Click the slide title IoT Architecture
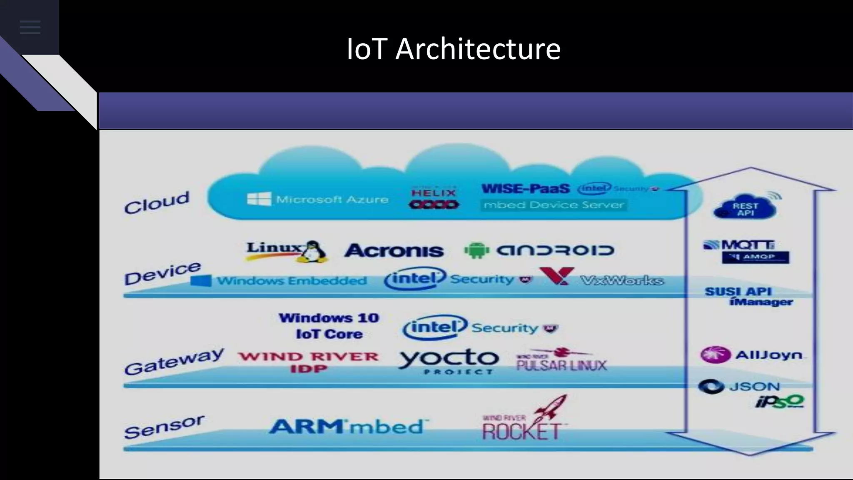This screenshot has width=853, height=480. click(454, 49)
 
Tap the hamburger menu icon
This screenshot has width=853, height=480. click(30, 27)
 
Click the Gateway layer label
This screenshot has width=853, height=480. click(174, 361)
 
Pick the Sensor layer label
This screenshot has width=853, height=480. click(164, 427)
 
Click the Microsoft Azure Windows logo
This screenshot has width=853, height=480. click(259, 199)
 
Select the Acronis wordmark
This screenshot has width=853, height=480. click(394, 250)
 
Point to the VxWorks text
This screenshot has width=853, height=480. click(621, 280)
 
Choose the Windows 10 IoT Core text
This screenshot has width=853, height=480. click(329, 326)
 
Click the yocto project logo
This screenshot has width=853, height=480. click(449, 361)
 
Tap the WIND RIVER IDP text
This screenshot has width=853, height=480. click(308, 362)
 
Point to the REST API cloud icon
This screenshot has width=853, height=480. click(745, 207)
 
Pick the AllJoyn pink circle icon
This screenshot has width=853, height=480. click(715, 355)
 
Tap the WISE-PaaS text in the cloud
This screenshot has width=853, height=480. click(525, 189)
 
